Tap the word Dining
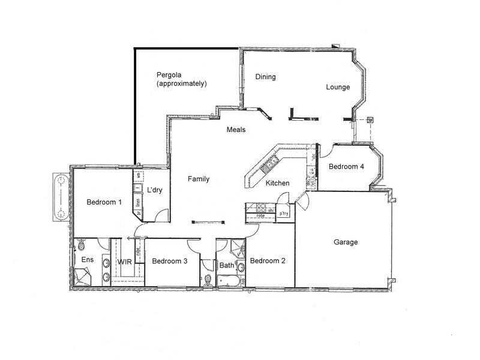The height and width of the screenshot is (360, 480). coord(265,77)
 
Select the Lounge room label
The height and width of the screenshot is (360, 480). coord(338,87)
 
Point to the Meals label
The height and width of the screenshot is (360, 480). coord(236,130)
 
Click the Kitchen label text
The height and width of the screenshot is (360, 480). coord(278,183)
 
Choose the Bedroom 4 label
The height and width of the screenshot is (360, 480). coord(346,167)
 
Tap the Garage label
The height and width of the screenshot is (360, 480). coord(346,242)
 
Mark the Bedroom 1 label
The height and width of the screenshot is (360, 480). coord(104,202)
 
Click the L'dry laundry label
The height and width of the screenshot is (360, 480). coord(155,191)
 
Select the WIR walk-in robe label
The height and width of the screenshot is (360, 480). coord(125,262)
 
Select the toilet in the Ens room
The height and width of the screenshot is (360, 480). coord(81,245)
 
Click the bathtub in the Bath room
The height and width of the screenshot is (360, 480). coord(227,280)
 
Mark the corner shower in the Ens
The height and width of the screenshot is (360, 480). coord(82,275)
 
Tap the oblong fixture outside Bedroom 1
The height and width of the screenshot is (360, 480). coord(60,198)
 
